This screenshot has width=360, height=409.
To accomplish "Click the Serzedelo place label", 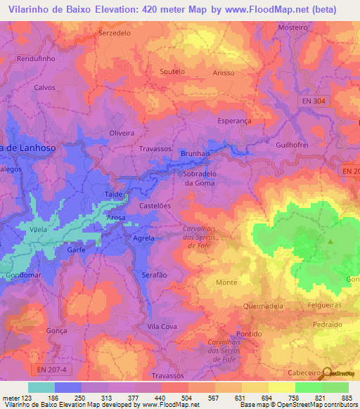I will [x=116, y=33].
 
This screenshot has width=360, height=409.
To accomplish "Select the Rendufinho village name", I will [x=35, y=59].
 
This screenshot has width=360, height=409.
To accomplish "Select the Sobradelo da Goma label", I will [x=199, y=178].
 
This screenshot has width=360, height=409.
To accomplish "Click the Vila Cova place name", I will [x=162, y=327].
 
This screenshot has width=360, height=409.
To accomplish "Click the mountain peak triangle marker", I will [x=330, y=242].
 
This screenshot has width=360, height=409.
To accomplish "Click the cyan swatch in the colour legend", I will [x=41, y=387].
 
